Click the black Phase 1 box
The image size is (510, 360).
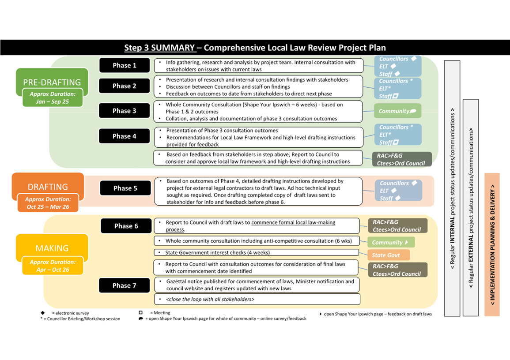pyautogui.click(x=125, y=65)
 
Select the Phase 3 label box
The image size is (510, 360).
pyautogui.click(x=125, y=111)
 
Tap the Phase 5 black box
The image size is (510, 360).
pyautogui.click(x=125, y=188)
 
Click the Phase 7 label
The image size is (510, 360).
pyautogui.click(x=125, y=285)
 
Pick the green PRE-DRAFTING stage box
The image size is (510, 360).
pyautogui.click(x=52, y=82)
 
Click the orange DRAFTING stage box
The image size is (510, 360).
pyautogui.click(x=48, y=187)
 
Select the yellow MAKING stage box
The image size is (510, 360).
pyautogui.click(x=52, y=248)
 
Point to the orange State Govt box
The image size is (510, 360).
pyautogui.click(x=388, y=255)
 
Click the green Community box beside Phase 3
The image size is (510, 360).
pyautogui.click(x=397, y=111)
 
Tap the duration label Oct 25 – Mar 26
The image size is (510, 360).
pyautogui.click(x=48, y=203)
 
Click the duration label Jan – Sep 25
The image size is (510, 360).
pyautogui.click(x=53, y=97)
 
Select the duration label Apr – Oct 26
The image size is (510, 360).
pyautogui.click(x=53, y=266)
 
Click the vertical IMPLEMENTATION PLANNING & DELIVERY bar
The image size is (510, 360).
pyautogui.click(x=492, y=245)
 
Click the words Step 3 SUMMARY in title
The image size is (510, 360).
pyautogui.click(x=159, y=48)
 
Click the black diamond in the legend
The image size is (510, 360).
pyautogui.click(x=42, y=313)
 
